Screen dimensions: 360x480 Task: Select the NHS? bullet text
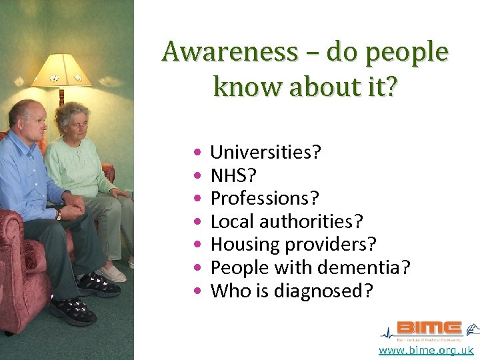(x=233, y=175)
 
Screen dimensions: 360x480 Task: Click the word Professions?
(x=265, y=199)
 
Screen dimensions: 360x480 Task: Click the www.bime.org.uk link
(x=426, y=350)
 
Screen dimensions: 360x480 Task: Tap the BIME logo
(x=429, y=328)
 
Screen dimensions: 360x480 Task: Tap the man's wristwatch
(x=59, y=215)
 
